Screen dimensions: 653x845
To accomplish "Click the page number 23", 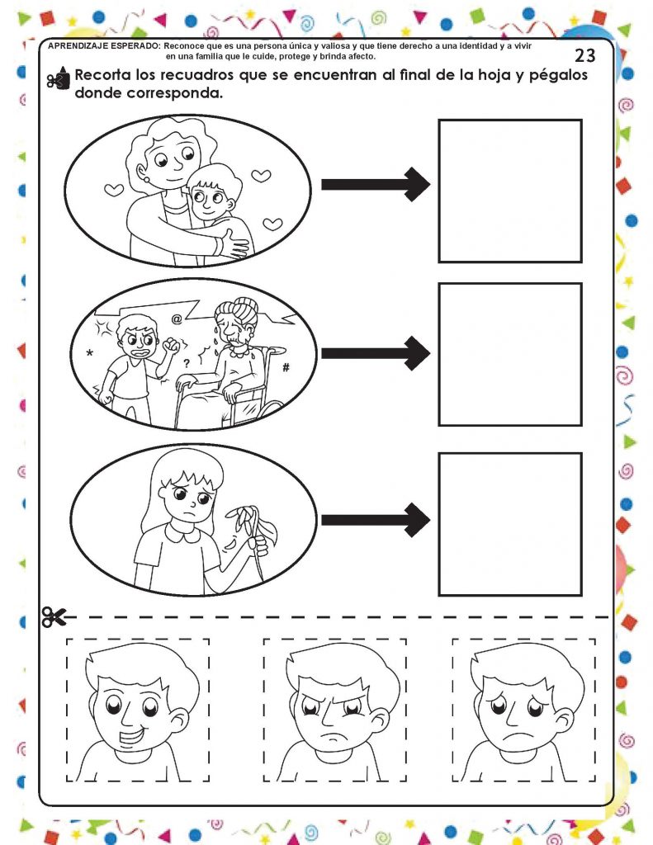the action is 585,55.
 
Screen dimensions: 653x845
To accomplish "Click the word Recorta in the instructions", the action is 102,74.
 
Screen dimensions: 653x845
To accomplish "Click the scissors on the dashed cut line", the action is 54,617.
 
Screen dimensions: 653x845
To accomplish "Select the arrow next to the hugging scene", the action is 376,184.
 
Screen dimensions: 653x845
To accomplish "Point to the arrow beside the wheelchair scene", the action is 376,353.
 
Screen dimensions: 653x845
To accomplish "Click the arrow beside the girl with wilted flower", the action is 376,520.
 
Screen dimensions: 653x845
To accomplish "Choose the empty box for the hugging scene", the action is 510,191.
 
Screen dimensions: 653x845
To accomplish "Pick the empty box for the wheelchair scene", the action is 510,355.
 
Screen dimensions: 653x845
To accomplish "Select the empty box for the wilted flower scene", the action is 510,524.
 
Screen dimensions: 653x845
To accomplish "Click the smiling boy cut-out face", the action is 138,710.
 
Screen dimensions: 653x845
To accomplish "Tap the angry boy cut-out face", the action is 335,710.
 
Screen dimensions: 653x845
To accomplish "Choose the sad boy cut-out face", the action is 524,710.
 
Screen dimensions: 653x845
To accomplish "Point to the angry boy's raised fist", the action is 172,345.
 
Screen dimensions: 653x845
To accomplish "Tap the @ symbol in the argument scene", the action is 177,319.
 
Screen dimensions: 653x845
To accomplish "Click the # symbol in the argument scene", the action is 286,367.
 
